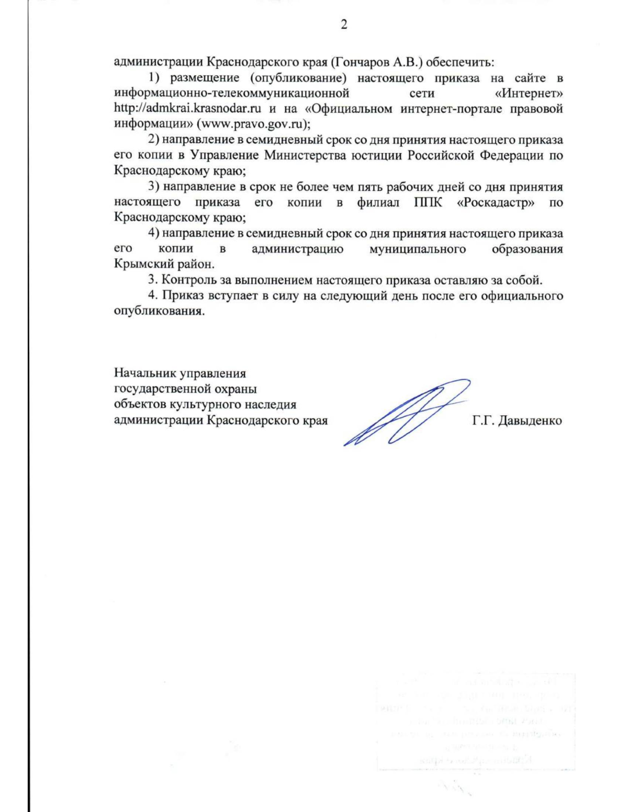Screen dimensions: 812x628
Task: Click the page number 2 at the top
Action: (344, 25)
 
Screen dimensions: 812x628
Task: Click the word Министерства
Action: (305, 156)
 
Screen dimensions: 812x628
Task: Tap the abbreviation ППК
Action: (428, 202)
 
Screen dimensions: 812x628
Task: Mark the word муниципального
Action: (418, 249)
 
